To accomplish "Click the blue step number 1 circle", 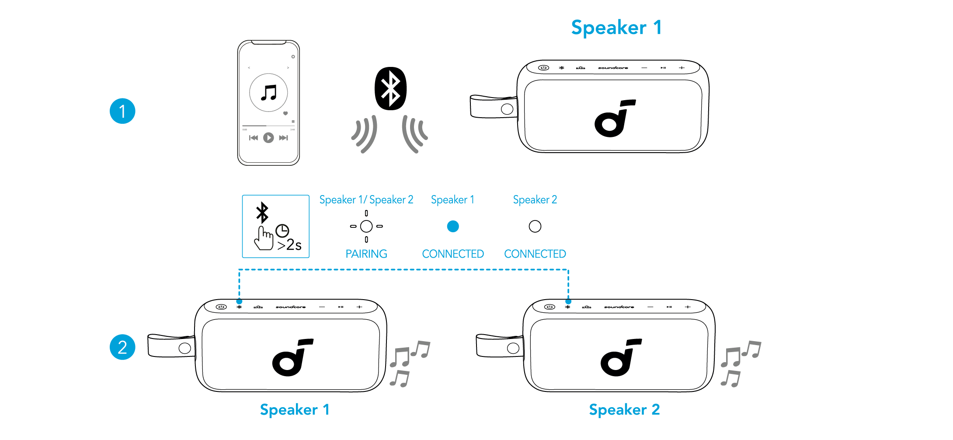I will click(122, 111).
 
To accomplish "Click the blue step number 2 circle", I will click(122, 347).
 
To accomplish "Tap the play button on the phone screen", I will click(268, 138).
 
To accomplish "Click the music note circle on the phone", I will click(268, 93).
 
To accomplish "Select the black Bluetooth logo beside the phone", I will click(391, 88).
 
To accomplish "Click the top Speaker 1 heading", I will click(616, 28).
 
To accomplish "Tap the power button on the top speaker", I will click(543, 68).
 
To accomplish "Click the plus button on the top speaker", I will click(682, 68).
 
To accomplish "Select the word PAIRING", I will click(366, 254).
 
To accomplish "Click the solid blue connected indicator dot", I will click(453, 226).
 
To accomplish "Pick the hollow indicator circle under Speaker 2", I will click(535, 226).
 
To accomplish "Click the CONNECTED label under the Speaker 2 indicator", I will click(535, 254).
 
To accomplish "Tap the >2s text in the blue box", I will click(289, 245).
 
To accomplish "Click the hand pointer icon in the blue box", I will click(264, 238).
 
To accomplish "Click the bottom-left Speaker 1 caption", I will click(294, 410).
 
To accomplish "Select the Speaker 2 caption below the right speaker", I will click(624, 410).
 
